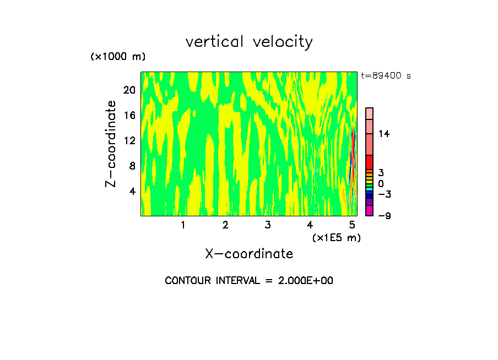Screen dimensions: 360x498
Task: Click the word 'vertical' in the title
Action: click(x=215, y=41)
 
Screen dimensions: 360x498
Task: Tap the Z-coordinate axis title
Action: click(x=111, y=144)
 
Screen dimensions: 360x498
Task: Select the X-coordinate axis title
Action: click(x=249, y=254)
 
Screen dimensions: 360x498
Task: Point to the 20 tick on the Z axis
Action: click(x=129, y=90)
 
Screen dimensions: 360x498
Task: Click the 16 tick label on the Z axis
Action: click(x=129, y=116)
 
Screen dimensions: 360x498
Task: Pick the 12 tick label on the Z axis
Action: click(x=129, y=141)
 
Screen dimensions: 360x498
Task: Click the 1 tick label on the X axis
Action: click(x=183, y=225)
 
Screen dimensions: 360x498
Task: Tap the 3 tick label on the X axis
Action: click(x=268, y=225)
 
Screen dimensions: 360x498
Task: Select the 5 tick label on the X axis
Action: click(x=353, y=225)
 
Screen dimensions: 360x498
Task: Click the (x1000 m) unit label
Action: click(x=118, y=57)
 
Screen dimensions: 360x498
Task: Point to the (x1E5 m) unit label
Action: click(x=337, y=238)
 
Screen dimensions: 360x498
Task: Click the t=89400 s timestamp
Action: click(x=386, y=76)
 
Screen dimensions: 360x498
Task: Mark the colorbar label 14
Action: click(x=384, y=134)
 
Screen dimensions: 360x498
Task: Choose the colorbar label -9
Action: click(x=384, y=216)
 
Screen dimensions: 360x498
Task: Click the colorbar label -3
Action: click(x=384, y=194)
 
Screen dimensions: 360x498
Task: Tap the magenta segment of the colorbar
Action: click(x=369, y=210)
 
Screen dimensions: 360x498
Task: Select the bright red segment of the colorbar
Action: click(x=369, y=162)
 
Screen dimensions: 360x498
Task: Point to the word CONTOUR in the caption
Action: click(x=188, y=281)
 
